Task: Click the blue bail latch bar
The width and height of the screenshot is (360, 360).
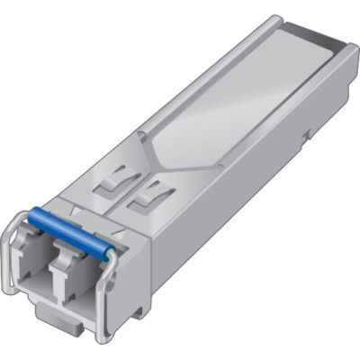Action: pyautogui.click(x=67, y=229)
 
